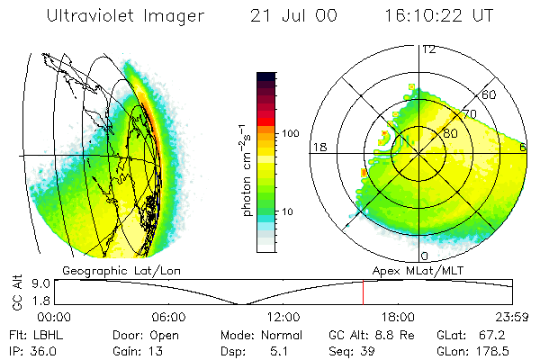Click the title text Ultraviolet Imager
click(125, 15)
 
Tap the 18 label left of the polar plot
click(318, 148)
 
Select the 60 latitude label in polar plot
click(490, 94)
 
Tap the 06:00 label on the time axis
click(169, 317)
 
